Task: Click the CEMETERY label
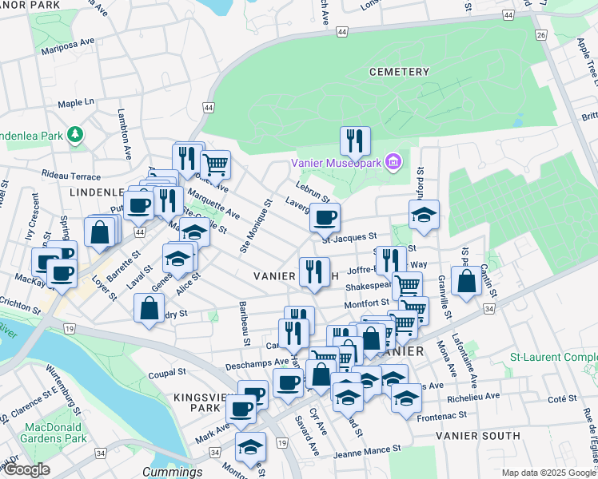(x=399, y=72)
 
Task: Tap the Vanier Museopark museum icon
(x=392, y=163)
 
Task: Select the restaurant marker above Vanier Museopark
(x=354, y=141)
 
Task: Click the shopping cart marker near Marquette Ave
(x=215, y=164)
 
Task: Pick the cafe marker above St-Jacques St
(x=325, y=216)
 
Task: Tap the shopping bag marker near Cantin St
(x=466, y=280)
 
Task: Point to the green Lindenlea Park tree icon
(x=75, y=133)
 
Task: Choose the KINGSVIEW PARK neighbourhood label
(x=193, y=402)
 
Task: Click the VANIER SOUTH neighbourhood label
(x=478, y=436)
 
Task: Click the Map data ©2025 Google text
(x=548, y=473)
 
